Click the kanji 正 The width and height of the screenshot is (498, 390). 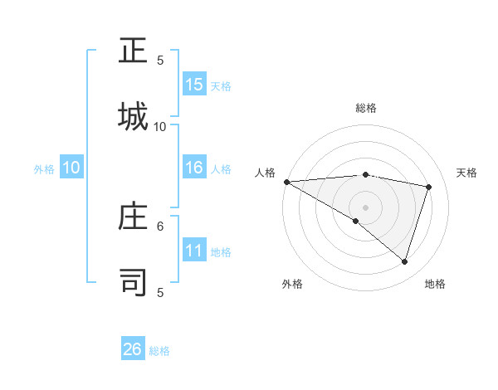[133, 52]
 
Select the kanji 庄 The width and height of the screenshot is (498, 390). [133, 217]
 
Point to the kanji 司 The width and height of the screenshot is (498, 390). [133, 281]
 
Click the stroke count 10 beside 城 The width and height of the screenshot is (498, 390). [160, 126]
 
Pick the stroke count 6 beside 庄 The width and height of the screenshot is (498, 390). [160, 225]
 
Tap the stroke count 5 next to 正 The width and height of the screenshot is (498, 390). [160, 60]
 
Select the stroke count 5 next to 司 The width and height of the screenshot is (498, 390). [160, 292]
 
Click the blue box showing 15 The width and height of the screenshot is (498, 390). [194, 85]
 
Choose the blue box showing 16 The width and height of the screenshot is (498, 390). [194, 168]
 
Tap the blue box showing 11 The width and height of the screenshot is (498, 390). [194, 251]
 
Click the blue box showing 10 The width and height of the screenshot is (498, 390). [71, 168]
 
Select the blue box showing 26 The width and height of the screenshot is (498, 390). [133, 349]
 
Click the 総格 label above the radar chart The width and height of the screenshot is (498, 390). [366, 108]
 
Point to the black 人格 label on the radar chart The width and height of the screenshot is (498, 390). [265, 173]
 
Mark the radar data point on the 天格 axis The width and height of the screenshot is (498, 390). [429, 187]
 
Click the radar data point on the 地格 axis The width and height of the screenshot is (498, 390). [405, 262]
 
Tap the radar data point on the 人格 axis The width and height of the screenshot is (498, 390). [286, 182]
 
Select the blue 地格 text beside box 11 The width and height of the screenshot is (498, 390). [221, 251]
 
